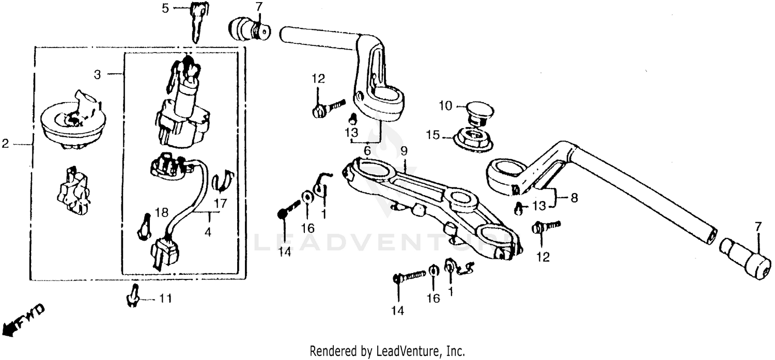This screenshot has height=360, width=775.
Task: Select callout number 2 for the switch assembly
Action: pyautogui.click(x=5, y=144)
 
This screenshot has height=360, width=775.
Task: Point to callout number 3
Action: pyautogui.click(x=98, y=74)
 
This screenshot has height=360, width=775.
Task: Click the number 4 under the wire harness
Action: pyautogui.click(x=208, y=232)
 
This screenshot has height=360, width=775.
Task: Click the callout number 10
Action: pyautogui.click(x=445, y=106)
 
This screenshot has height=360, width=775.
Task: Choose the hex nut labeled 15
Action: pyautogui.click(x=471, y=138)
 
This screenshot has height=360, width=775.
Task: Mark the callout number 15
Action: pyautogui.click(x=432, y=135)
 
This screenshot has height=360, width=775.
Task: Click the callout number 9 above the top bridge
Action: pyautogui.click(x=404, y=152)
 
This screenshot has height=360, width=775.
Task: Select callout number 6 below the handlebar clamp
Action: pyautogui.click(x=367, y=151)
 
